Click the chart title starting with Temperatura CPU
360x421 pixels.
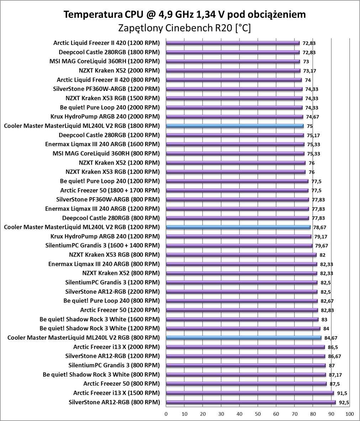(184, 14)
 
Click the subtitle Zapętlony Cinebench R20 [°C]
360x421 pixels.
(184, 28)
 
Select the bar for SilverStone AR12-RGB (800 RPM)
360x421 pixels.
(251, 402)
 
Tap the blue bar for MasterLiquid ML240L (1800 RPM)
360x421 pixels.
(235, 126)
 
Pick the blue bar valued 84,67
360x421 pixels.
(244, 338)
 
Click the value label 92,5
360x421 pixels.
(344, 402)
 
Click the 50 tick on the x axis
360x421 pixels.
(258, 414)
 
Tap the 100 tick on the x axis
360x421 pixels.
(350, 414)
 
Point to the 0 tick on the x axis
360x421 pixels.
(166, 414)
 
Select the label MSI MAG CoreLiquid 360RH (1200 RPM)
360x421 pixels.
(105, 61)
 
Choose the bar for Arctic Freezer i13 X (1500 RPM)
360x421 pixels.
(250, 393)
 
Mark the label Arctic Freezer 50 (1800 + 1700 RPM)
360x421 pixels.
(110, 190)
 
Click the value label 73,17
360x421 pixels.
(309, 71)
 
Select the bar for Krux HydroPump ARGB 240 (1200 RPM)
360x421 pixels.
(239, 236)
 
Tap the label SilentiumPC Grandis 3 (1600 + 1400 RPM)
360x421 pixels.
(103, 246)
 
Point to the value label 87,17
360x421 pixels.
(335, 375)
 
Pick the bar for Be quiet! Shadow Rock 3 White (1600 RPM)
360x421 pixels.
(242, 319)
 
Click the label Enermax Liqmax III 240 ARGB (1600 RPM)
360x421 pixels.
(103, 144)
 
